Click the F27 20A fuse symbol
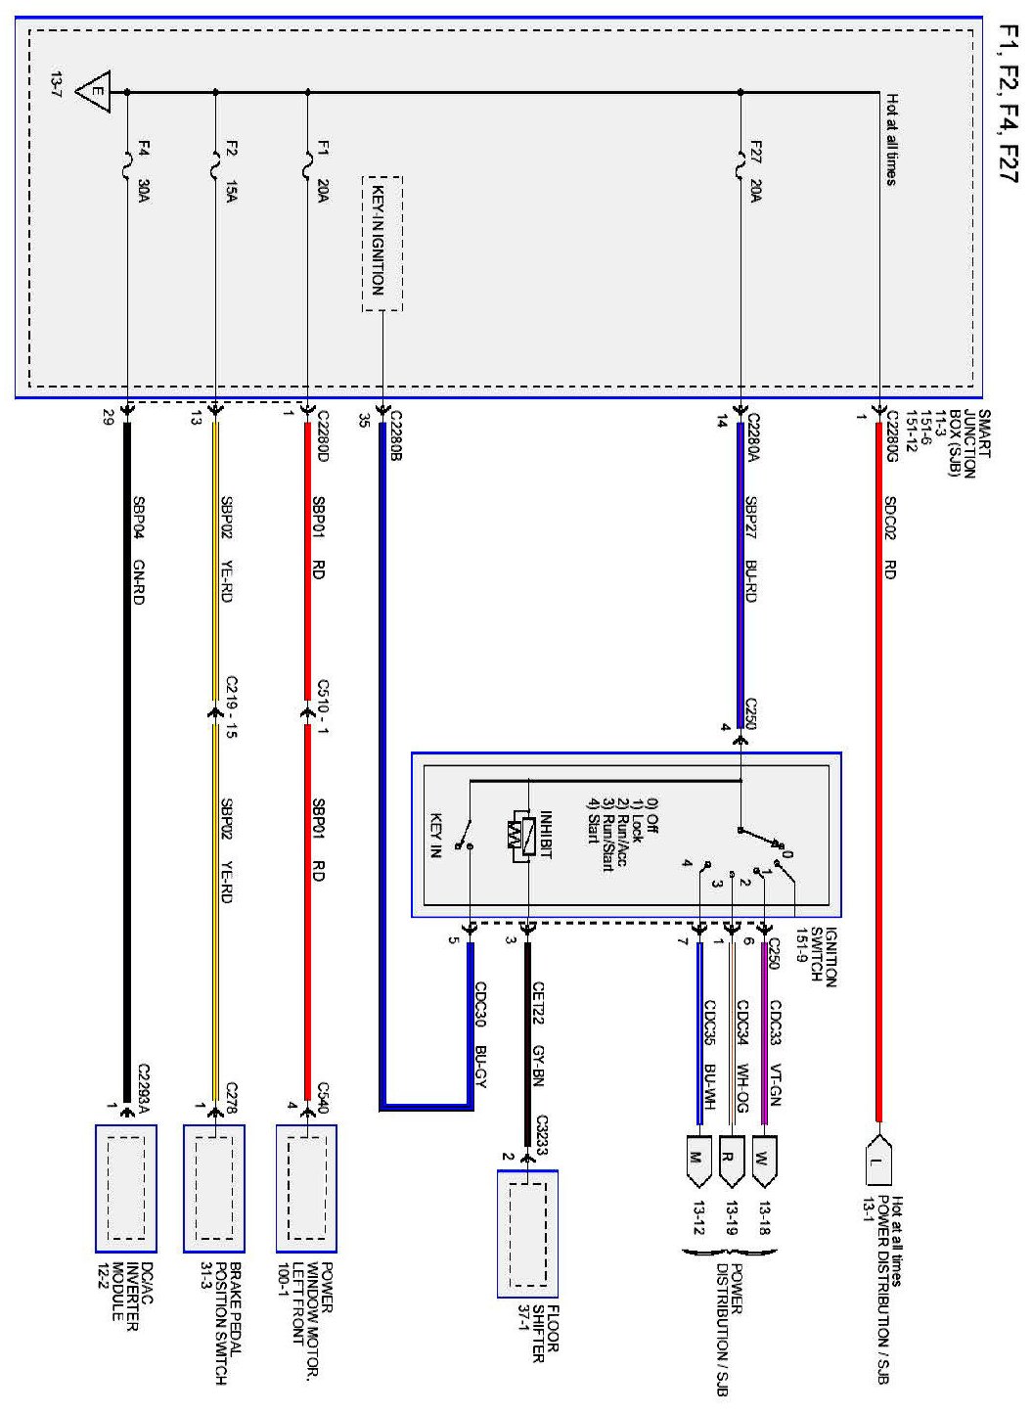(740, 169)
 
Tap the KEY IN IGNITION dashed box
(381, 244)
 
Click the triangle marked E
(95, 93)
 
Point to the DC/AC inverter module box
(126, 1188)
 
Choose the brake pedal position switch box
(214, 1188)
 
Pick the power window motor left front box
(306, 1188)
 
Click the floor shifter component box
(527, 1234)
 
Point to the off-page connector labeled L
(878, 1162)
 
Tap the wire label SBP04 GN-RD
(139, 554)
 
